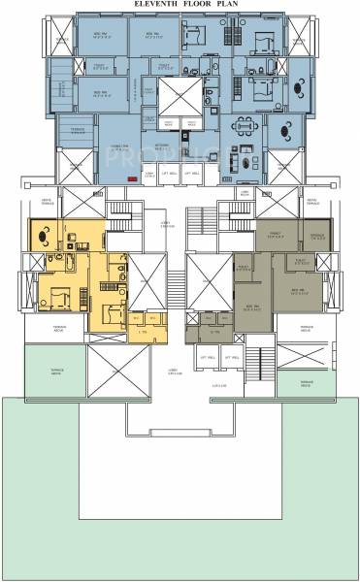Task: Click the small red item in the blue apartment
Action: (x=132, y=179)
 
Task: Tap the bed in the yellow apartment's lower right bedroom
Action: (x=112, y=312)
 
